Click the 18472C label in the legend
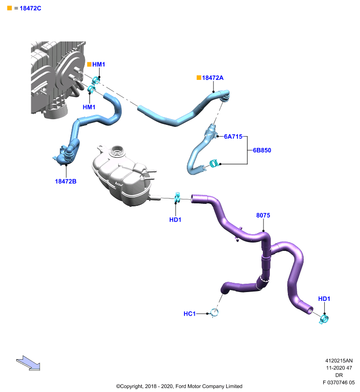point(30,8)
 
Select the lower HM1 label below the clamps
point(89,107)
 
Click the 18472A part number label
point(213,78)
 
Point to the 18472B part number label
point(66,181)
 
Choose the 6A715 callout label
point(233,137)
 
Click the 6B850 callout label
point(262,150)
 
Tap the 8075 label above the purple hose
point(263,215)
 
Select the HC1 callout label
point(190,314)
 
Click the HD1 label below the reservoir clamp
point(175,220)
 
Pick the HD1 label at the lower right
point(324,299)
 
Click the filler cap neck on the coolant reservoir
point(117,151)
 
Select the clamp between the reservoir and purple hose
point(177,197)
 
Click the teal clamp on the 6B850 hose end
point(213,164)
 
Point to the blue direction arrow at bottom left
point(28,363)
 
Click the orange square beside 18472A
point(199,78)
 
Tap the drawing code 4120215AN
point(339,361)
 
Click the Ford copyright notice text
point(179,386)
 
